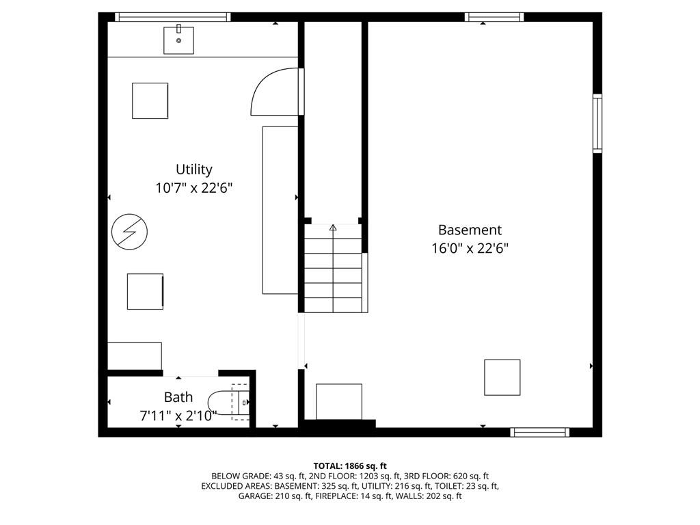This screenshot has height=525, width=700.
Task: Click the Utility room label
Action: point(194,170)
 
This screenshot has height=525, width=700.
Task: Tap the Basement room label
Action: point(470,230)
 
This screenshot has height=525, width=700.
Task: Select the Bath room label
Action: point(178,397)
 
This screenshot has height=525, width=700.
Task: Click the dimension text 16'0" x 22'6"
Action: point(470,249)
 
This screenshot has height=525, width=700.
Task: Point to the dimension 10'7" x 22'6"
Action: point(194,188)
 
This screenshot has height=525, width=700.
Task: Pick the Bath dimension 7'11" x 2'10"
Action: point(178,415)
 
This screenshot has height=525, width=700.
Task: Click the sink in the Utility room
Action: point(178,40)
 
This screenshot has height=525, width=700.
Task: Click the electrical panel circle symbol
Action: point(129,231)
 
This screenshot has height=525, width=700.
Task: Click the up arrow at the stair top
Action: point(334,228)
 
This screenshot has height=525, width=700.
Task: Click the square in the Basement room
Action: point(502,377)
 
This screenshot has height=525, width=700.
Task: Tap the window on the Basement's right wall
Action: point(597,124)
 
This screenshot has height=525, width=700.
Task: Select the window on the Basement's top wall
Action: point(494,17)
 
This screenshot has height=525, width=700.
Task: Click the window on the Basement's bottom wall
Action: point(540,432)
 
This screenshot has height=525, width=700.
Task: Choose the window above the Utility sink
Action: point(172,17)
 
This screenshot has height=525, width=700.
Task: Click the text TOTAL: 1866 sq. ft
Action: point(350,466)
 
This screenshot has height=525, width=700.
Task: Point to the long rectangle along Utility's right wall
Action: point(280,210)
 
